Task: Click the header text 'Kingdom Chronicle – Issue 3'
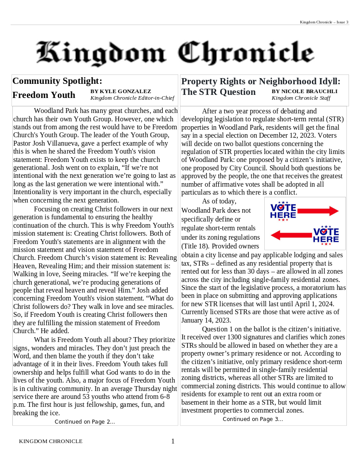[324, 22]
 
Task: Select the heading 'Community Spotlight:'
[57, 81]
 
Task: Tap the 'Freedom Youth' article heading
[44, 95]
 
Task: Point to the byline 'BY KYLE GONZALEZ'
[120, 91]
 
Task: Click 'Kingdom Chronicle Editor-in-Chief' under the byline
[132, 98]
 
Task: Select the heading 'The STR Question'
[218, 92]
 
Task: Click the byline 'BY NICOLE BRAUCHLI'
[304, 91]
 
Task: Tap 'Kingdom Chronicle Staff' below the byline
[301, 98]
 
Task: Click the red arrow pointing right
[318, 211]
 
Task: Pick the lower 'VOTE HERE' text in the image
[326, 235]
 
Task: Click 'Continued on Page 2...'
[85, 422]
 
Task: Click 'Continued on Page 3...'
[253, 419]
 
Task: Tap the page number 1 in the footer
[173, 441]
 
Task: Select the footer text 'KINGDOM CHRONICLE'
[51, 441]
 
